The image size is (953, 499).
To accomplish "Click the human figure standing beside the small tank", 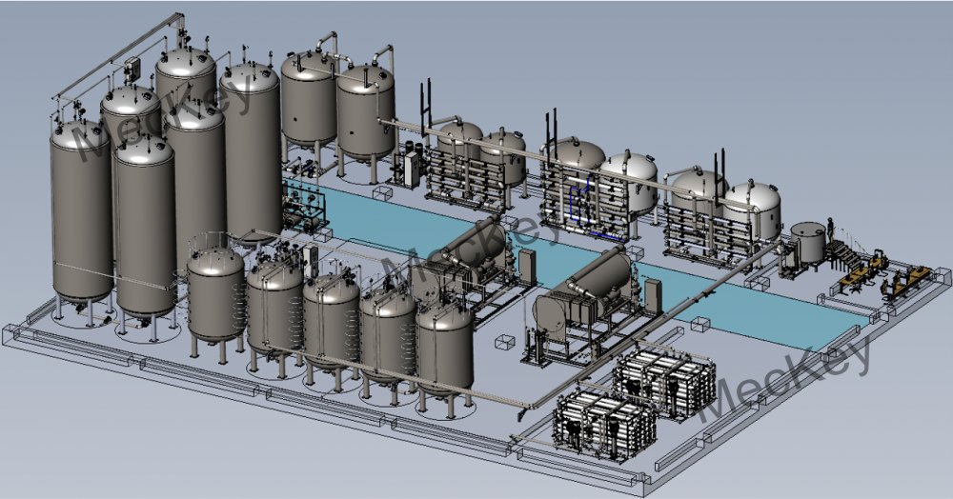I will tap(829, 230).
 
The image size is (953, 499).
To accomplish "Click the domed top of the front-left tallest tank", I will tap(81, 134).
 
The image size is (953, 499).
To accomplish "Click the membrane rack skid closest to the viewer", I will tap(604, 419).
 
